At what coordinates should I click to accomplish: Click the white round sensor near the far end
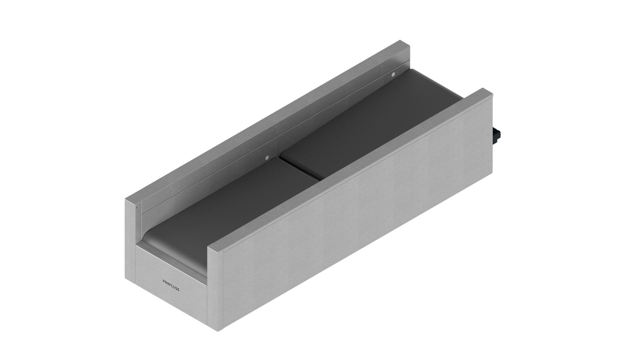point(393,74)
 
